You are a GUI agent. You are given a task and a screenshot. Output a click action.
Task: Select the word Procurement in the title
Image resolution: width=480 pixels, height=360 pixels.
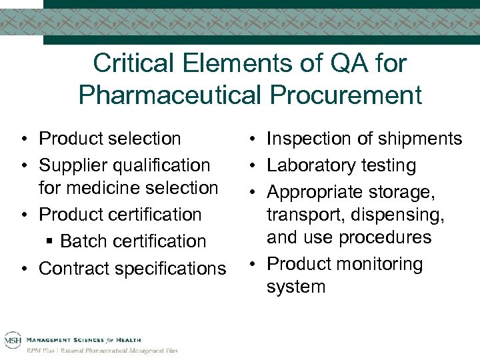pyautogui.click(x=345, y=95)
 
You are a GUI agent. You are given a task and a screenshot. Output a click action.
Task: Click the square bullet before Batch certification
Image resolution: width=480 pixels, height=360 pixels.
pyautogui.click(x=52, y=241)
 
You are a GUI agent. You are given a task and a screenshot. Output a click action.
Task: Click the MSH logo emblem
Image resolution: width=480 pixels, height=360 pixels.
pyautogui.click(x=13, y=341)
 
